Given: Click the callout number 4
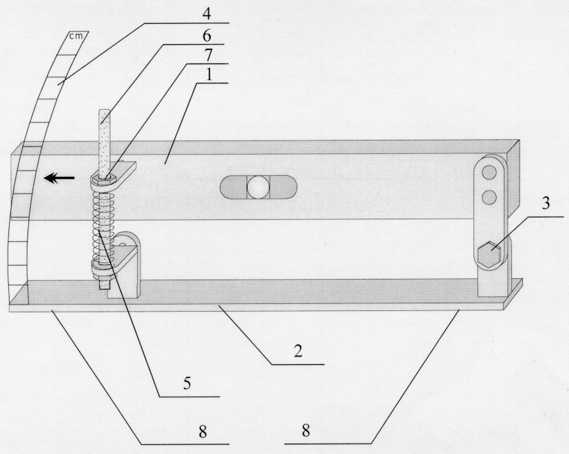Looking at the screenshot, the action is click(206, 15).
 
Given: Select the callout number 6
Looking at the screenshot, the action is click(206, 37).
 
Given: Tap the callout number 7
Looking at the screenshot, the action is click(208, 56).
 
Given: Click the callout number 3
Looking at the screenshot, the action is click(546, 204).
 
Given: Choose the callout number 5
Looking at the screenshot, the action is click(187, 383).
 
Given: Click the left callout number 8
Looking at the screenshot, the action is click(202, 432).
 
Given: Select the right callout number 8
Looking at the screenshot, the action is click(306, 431).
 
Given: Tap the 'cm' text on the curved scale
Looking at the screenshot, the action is click(76, 36).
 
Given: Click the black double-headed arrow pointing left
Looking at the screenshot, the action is click(59, 178).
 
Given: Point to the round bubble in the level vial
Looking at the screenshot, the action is click(258, 187).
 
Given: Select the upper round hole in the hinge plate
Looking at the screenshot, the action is click(490, 172).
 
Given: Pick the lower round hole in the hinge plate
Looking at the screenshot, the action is click(490, 197).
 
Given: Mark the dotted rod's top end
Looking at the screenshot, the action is click(104, 111).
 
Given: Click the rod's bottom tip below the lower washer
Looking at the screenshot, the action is click(103, 287).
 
